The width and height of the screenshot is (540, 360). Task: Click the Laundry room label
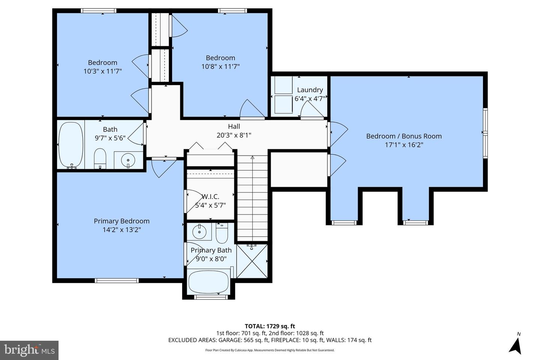(x=310, y=90)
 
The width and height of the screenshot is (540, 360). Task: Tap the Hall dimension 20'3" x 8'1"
(x=234, y=135)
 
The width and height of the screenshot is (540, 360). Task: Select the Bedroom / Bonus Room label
(x=404, y=136)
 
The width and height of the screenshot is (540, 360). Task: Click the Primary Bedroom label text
(x=121, y=221)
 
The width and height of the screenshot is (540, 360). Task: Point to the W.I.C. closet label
(x=210, y=196)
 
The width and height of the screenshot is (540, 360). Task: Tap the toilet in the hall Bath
(x=100, y=159)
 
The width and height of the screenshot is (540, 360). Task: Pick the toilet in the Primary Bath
(x=222, y=233)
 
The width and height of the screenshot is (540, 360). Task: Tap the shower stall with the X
(x=252, y=262)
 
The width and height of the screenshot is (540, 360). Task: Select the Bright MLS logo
(x=29, y=350)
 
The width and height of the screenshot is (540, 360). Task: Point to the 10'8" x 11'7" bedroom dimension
(x=220, y=66)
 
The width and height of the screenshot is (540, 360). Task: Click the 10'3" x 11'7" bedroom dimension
(x=103, y=71)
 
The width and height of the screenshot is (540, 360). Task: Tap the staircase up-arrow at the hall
(x=252, y=158)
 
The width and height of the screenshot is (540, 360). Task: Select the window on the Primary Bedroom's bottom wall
(x=117, y=280)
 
